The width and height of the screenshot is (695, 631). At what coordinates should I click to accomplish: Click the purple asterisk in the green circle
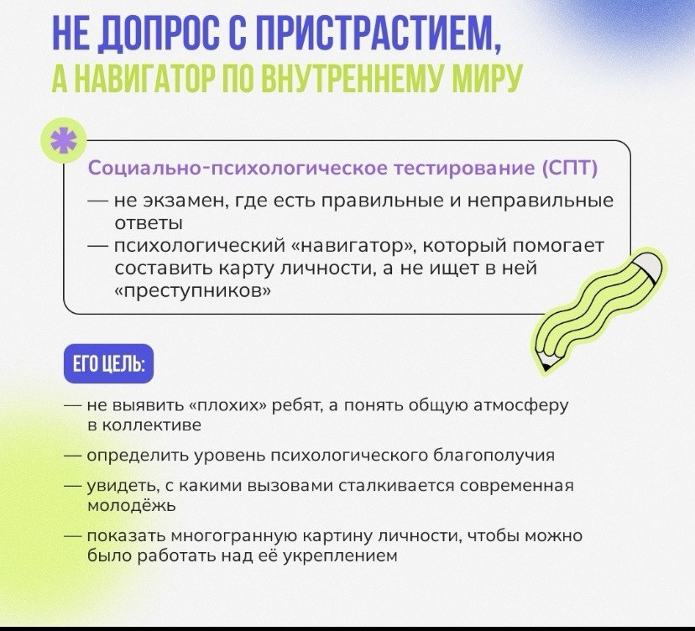[63, 140]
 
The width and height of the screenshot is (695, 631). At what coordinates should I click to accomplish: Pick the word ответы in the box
[149, 223]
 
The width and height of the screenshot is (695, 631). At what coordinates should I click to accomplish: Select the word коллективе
[152, 425]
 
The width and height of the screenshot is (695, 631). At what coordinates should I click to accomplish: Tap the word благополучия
[494, 456]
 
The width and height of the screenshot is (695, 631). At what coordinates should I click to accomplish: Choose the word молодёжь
[131, 506]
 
